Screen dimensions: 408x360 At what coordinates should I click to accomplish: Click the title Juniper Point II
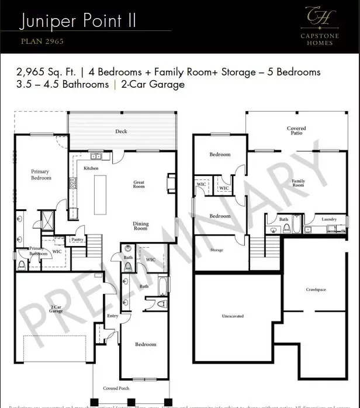tap(78, 22)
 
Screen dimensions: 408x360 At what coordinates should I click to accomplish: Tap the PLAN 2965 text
tap(41, 42)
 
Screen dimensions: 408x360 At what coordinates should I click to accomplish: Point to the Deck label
tap(121, 132)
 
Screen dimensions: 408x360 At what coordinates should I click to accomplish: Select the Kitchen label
tap(91, 168)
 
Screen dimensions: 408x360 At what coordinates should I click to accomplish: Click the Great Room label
tap(139, 184)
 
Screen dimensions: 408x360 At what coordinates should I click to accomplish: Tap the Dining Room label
tap(141, 226)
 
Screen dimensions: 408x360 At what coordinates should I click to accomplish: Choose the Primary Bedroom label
tap(40, 175)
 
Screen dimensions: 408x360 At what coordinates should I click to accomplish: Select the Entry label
tap(112, 316)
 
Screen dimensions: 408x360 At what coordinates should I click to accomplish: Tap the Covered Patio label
tap(296, 131)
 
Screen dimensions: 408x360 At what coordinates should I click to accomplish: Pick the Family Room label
tap(298, 184)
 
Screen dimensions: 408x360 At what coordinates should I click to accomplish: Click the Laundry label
tap(328, 219)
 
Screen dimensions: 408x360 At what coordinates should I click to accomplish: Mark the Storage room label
tap(216, 250)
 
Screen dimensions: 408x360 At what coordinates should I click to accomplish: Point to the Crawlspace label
tap(316, 290)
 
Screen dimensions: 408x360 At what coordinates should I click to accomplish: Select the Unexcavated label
tap(233, 316)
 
